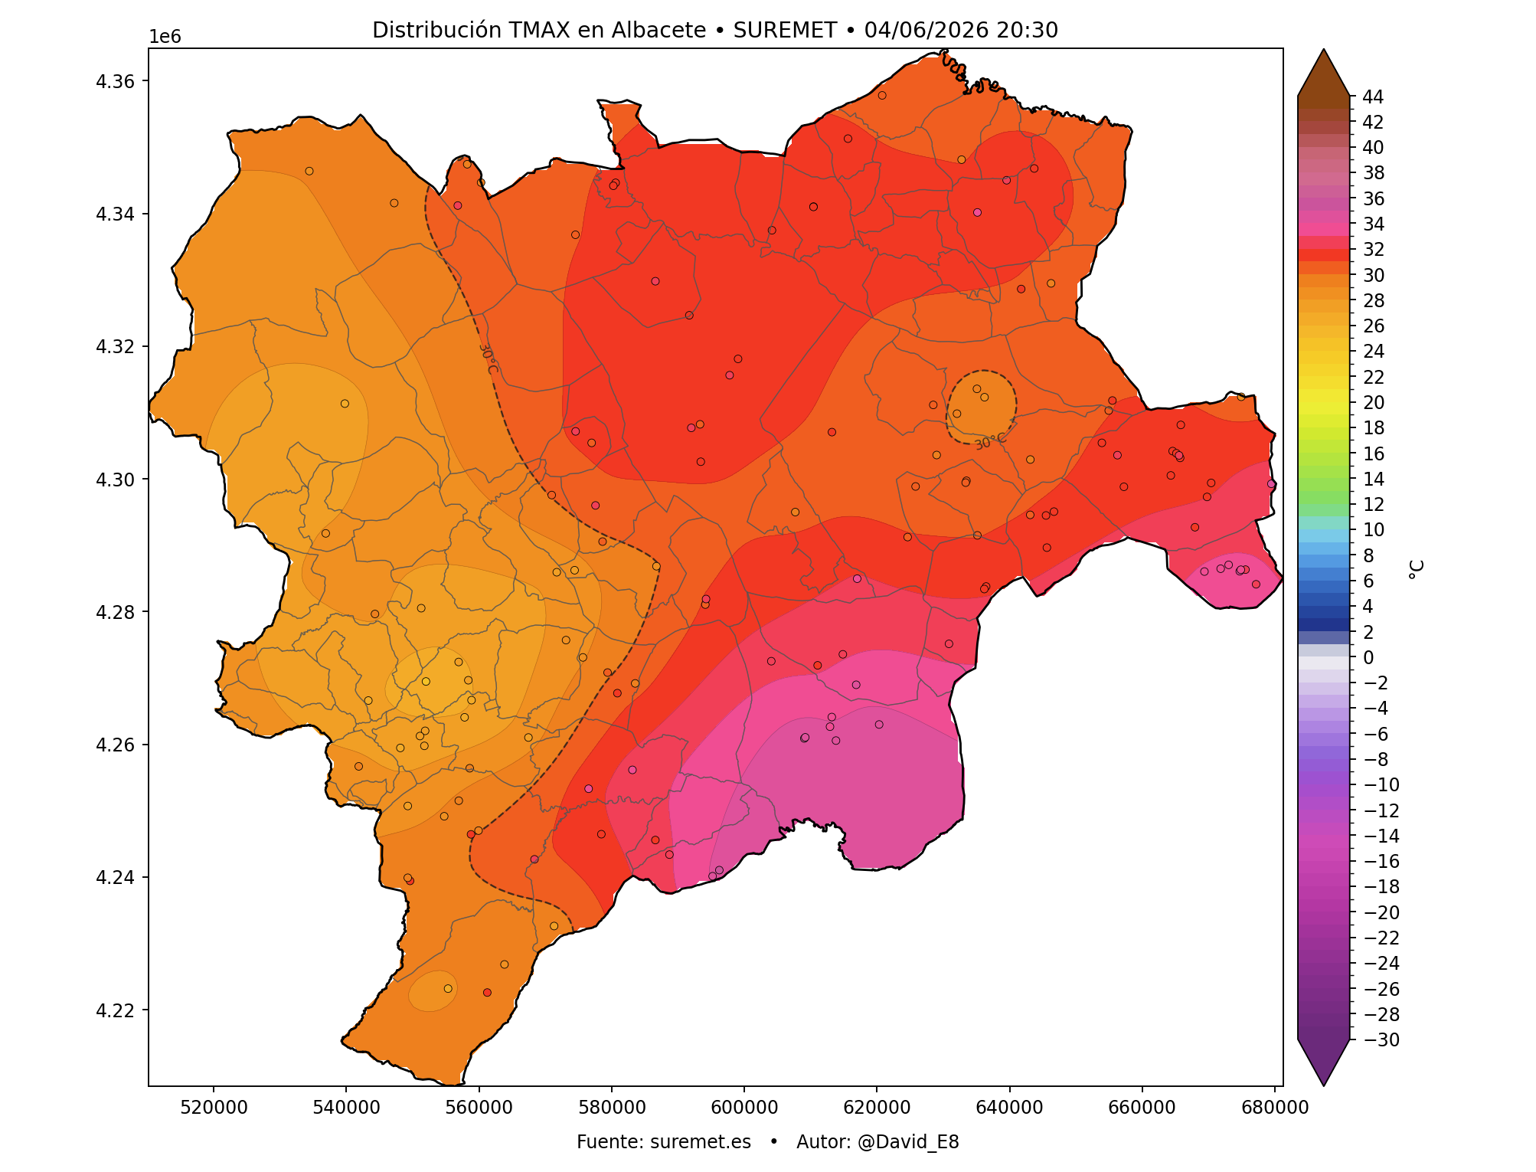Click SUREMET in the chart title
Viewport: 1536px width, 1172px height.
(x=785, y=30)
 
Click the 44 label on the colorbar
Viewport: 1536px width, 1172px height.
(x=1373, y=97)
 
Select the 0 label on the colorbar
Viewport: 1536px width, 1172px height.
(x=1368, y=657)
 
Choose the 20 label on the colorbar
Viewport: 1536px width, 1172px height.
(x=1373, y=402)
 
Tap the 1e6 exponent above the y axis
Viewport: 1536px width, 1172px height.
(x=165, y=37)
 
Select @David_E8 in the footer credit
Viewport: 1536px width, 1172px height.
(x=908, y=1142)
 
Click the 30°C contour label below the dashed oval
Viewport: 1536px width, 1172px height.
(x=991, y=441)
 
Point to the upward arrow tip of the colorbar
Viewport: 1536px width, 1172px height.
(x=1323, y=50)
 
